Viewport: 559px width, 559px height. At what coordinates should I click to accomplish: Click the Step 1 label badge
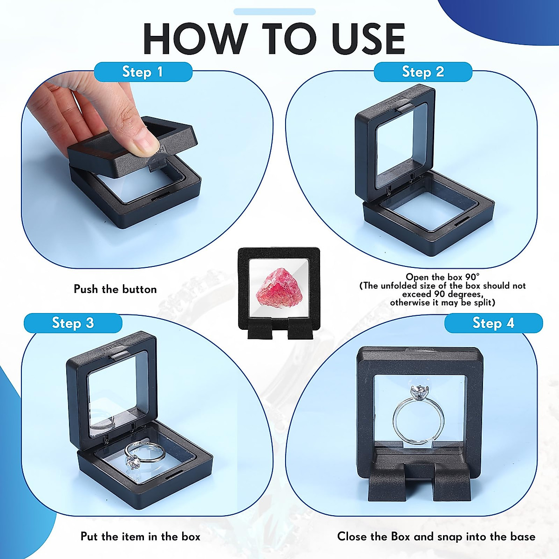click(x=143, y=72)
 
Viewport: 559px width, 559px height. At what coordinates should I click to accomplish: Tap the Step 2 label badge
click(x=423, y=72)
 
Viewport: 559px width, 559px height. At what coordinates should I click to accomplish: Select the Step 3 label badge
click(x=73, y=323)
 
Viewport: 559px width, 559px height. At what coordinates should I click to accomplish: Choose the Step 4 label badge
click(x=493, y=323)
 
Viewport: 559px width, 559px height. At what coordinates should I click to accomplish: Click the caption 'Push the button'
click(x=115, y=289)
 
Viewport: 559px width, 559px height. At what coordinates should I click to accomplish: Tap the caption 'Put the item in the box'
click(x=140, y=537)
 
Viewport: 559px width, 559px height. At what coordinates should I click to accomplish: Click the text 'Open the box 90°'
click(x=442, y=278)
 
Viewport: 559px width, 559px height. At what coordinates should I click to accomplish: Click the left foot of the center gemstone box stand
click(x=259, y=328)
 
